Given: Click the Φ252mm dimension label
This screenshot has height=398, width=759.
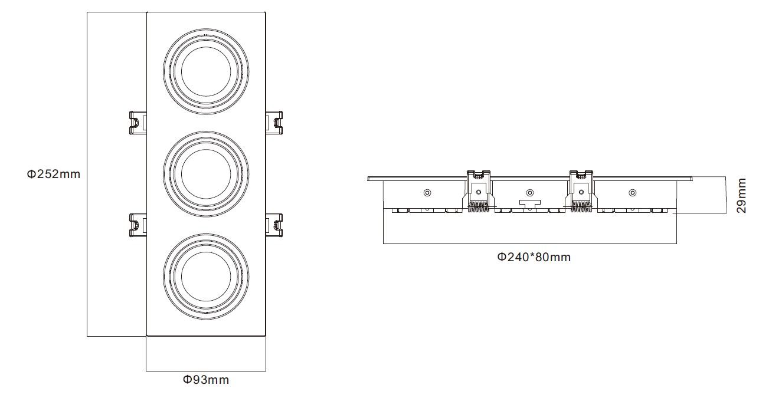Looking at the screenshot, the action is tap(54, 175).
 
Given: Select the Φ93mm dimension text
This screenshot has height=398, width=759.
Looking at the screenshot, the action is tap(206, 380).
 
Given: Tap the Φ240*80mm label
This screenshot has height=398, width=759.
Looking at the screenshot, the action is tap(534, 257).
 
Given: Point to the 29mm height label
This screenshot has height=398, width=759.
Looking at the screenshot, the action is tap(741, 196).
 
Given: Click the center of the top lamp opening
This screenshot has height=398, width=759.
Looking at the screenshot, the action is tap(206, 71).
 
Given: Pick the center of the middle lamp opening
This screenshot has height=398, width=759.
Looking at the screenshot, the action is tap(206, 174).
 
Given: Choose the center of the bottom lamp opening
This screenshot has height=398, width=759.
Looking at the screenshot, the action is tap(206, 277).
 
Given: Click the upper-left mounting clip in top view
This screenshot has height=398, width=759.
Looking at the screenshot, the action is tap(138, 123).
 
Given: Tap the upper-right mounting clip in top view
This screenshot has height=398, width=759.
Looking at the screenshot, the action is tap(274, 123).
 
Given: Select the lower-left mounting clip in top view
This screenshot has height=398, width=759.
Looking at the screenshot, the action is tap(138, 225).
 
